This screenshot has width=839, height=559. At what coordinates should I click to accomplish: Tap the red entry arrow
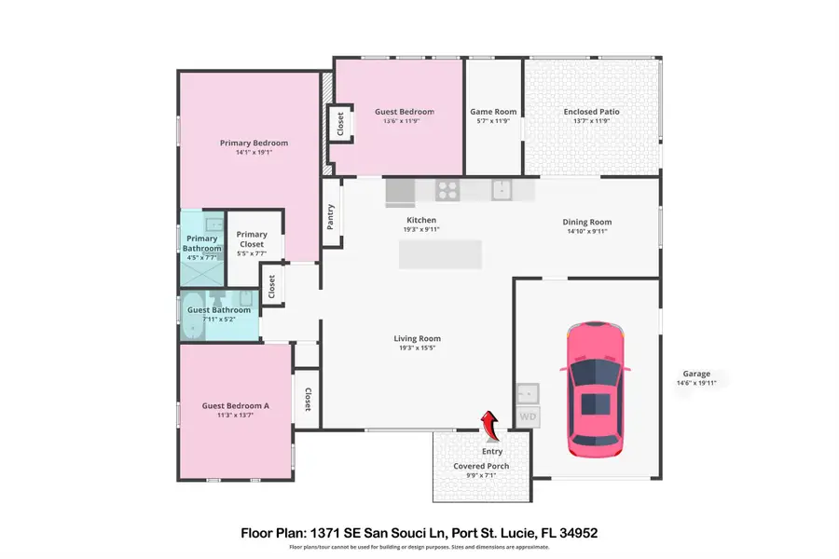click(x=490, y=426)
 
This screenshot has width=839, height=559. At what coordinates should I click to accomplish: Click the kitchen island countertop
click(x=440, y=254)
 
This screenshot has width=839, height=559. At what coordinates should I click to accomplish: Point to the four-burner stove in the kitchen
click(x=448, y=190)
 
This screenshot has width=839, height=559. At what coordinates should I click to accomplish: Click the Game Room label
click(x=493, y=112)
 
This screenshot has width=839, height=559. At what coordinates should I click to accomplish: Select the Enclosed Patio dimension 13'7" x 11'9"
click(x=591, y=121)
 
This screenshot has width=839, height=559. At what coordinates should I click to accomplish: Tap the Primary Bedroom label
click(x=254, y=143)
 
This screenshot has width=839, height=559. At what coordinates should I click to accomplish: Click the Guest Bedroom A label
click(x=235, y=405)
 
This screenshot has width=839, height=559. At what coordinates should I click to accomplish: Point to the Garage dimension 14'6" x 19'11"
click(x=696, y=383)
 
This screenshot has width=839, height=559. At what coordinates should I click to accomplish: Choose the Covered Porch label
click(x=481, y=465)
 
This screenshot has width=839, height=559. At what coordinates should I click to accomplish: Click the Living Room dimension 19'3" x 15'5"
click(x=417, y=348)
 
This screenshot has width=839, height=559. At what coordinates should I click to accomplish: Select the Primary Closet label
click(x=252, y=239)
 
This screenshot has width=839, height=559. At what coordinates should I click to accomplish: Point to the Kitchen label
click(x=421, y=220)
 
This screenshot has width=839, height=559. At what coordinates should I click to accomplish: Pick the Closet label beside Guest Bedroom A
click(x=308, y=401)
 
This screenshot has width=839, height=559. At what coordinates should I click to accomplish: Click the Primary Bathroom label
click(x=202, y=243)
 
